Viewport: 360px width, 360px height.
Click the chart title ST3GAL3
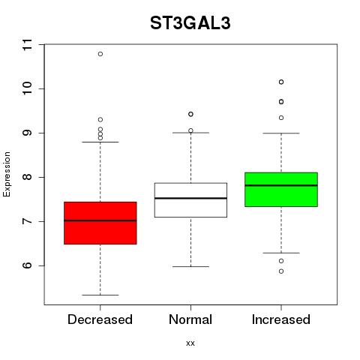[x=190, y=23]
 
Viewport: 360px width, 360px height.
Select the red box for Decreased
[x=100, y=223]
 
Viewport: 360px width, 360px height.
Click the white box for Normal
[x=190, y=200]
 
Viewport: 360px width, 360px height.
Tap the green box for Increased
[x=281, y=190]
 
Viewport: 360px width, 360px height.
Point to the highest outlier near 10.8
[x=100, y=54]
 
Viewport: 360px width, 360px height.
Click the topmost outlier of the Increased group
[x=281, y=82]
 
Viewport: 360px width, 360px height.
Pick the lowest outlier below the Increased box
[x=281, y=271]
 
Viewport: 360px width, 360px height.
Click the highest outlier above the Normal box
[x=190, y=114]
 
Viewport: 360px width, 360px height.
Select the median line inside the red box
[x=100, y=220]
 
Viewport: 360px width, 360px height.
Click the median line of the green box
[x=281, y=185]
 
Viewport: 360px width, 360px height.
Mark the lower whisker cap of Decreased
[x=100, y=295]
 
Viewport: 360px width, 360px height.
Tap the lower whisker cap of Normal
[x=190, y=266]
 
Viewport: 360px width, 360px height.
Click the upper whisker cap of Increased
[x=281, y=133]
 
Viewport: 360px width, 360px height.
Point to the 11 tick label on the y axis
[x=27, y=45]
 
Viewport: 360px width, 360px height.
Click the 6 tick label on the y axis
[x=27, y=265]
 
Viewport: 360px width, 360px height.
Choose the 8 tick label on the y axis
[x=27, y=177]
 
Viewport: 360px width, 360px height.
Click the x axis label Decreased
[x=100, y=319]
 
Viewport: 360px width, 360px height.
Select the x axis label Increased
[x=281, y=319]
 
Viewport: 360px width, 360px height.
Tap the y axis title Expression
[x=7, y=175]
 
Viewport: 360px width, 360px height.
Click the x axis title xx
[x=190, y=343]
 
